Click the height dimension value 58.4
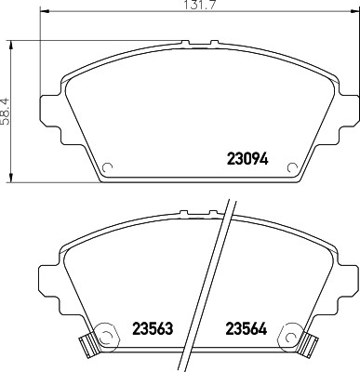pyautogui.click(x=7, y=110)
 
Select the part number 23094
pyautogui.click(x=247, y=157)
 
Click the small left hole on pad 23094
pyautogui.click(x=108, y=168)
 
